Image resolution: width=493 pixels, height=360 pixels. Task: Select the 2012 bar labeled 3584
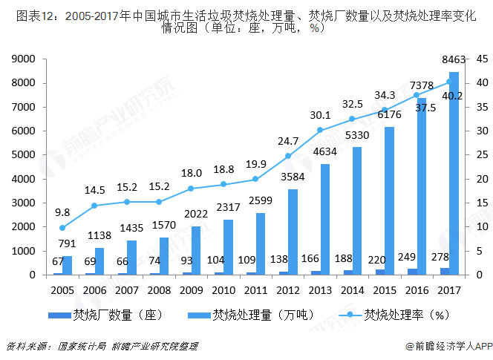[293, 232]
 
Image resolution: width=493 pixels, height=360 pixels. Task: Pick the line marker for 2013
[320, 130]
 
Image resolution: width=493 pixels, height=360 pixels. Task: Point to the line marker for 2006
[94, 206]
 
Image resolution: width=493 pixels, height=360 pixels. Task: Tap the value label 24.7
[288, 140]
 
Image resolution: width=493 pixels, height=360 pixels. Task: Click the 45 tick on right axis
[481, 59]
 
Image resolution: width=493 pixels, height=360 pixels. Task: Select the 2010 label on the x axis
[223, 290]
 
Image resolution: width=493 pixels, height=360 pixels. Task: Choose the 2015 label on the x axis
[385, 290]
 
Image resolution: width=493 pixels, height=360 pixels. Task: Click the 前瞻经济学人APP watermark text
[449, 345]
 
